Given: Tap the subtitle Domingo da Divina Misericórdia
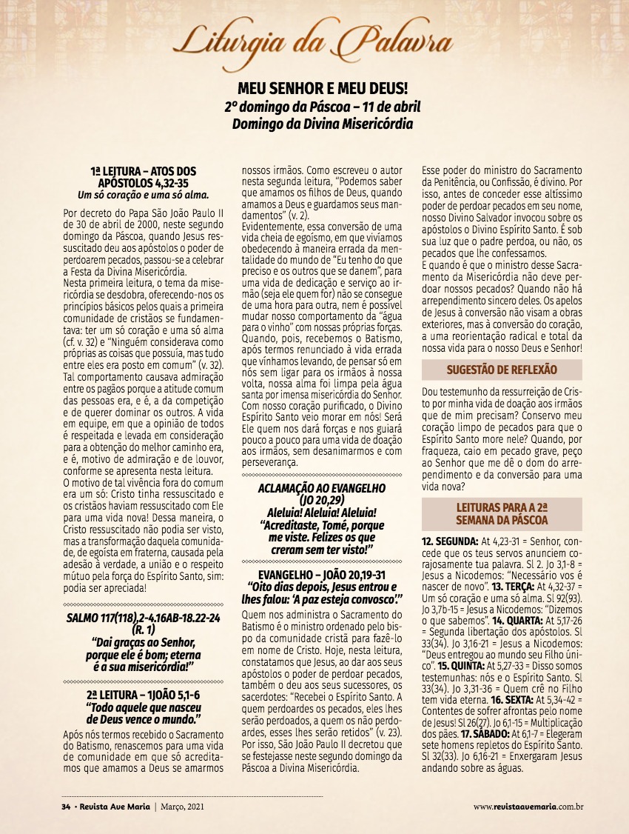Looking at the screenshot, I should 323,123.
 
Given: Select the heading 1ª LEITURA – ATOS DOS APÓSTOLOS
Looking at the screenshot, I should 147,176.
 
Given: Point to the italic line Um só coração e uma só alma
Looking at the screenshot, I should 147,195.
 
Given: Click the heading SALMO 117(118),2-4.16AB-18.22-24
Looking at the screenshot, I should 147,617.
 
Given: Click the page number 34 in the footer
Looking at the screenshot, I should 65,806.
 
